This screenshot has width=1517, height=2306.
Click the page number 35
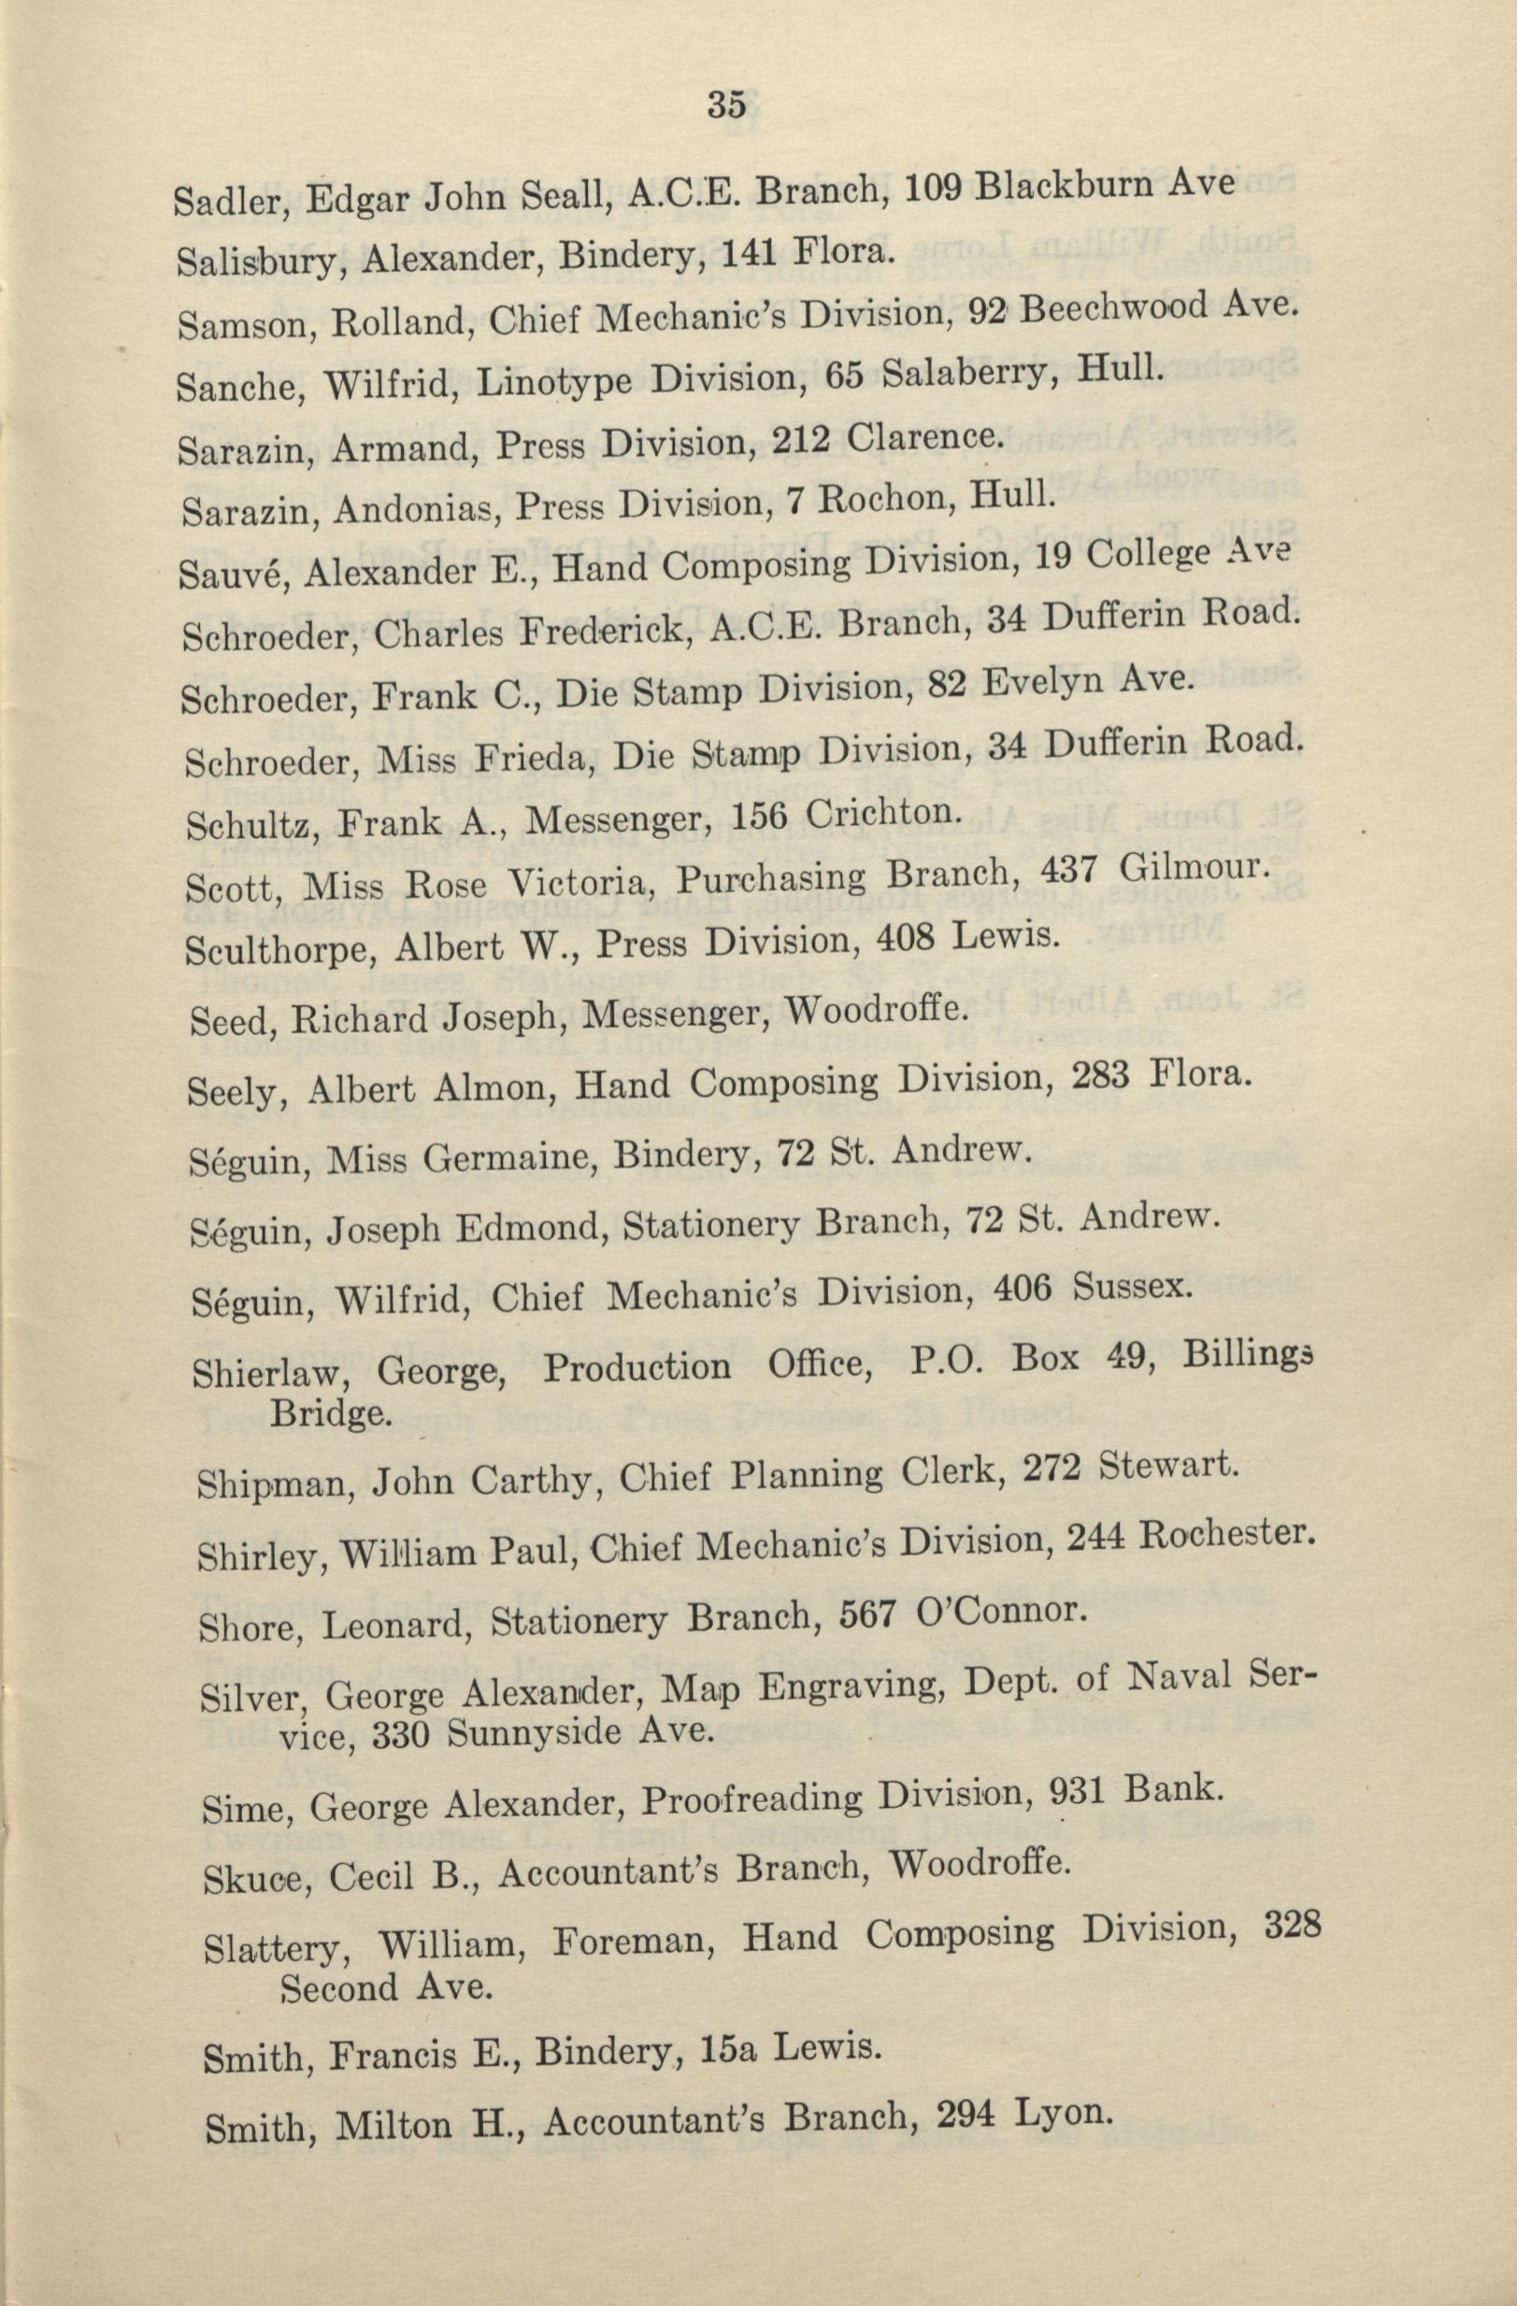725,104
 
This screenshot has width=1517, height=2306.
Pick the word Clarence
921,439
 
